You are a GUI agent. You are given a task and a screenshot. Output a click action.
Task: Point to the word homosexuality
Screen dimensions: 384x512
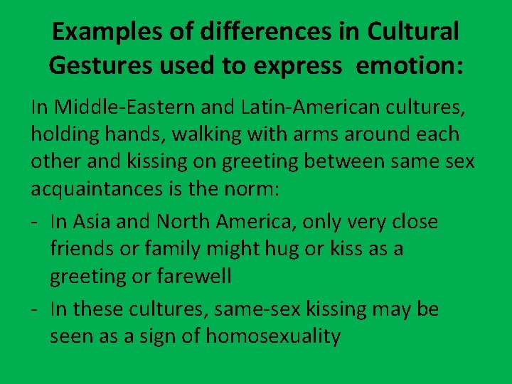pyautogui.click(x=273, y=336)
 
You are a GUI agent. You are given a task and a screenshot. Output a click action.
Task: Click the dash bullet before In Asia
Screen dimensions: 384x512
pyautogui.click(x=35, y=223)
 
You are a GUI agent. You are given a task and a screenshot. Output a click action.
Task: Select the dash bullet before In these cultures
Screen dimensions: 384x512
pyautogui.click(x=35, y=310)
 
